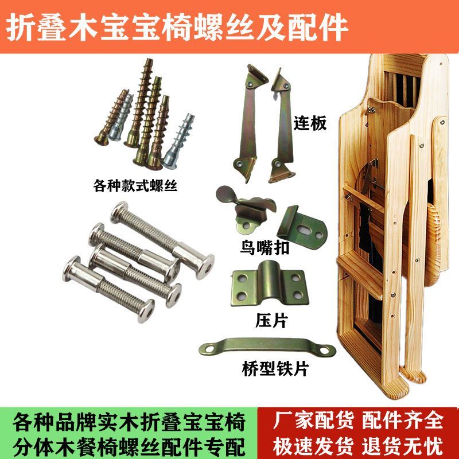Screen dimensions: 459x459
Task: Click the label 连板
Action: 310,123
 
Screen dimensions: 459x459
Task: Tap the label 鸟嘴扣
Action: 264,248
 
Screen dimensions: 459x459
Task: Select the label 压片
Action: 271,321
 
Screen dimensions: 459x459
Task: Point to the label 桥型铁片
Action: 275,369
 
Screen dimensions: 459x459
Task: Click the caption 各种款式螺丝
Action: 135,185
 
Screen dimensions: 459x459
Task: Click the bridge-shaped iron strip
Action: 267,347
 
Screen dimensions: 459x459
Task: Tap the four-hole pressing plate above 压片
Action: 269,284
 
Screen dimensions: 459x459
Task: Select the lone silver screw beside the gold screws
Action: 178,142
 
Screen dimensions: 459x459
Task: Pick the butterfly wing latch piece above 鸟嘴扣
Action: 246,209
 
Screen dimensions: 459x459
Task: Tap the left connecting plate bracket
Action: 249,123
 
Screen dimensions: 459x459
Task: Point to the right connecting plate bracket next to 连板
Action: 282,126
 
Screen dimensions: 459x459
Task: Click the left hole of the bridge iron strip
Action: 209,349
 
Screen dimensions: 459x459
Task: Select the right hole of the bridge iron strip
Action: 325,350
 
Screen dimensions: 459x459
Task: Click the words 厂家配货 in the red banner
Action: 313,421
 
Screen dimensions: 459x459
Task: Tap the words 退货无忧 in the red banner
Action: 403,447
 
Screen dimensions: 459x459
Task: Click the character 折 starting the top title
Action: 20,28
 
